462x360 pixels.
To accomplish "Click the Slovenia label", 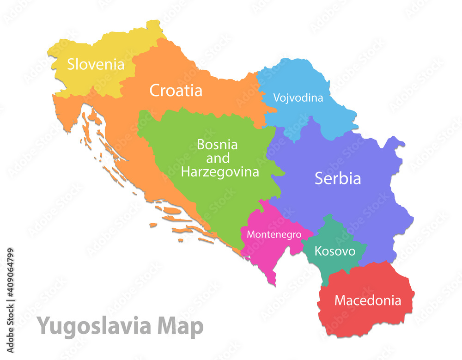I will tap(96, 64).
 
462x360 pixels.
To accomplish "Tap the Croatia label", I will tap(176, 91).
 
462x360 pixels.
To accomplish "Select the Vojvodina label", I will tap(298, 98).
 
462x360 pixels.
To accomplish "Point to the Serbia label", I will tap(338, 178).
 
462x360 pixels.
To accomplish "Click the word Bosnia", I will tap(217, 145).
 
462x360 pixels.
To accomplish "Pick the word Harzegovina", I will tap(219, 172).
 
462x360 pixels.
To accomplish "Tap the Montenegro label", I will tap(274, 234).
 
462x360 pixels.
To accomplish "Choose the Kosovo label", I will tap(335, 251).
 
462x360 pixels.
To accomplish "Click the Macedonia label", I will tap(368, 300).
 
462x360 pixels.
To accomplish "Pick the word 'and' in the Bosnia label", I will tap(218, 159).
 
